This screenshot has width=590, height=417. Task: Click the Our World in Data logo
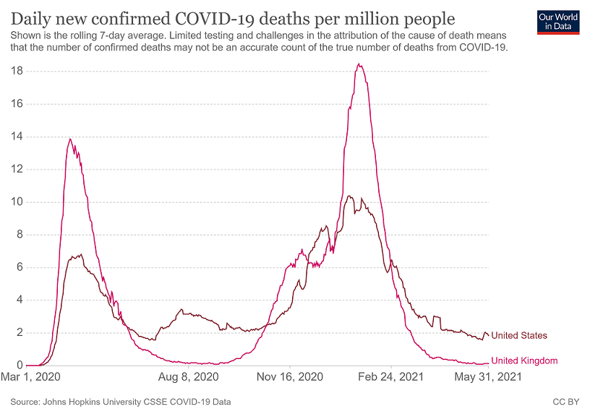click(559, 22)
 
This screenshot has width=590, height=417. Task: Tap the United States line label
click(519, 335)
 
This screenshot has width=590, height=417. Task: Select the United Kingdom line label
click(524, 361)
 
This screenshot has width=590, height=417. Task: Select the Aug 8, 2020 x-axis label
click(188, 377)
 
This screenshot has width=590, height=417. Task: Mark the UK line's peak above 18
click(359, 64)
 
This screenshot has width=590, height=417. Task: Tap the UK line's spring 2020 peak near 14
click(70, 139)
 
